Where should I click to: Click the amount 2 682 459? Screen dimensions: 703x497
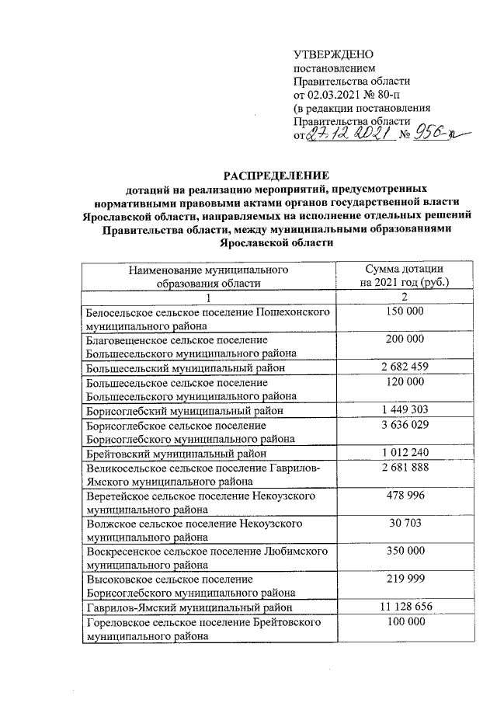click(x=403, y=367)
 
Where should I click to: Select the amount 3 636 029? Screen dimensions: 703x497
click(x=403, y=425)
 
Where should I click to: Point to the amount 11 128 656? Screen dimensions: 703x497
click(x=403, y=606)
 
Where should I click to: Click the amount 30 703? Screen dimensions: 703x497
click(x=403, y=524)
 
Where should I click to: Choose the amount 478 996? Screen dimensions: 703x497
click(x=403, y=496)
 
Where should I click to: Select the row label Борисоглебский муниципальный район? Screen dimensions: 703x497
click(x=183, y=410)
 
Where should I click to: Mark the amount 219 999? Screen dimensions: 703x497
click(x=403, y=579)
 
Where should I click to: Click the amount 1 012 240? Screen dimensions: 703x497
click(x=403, y=453)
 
